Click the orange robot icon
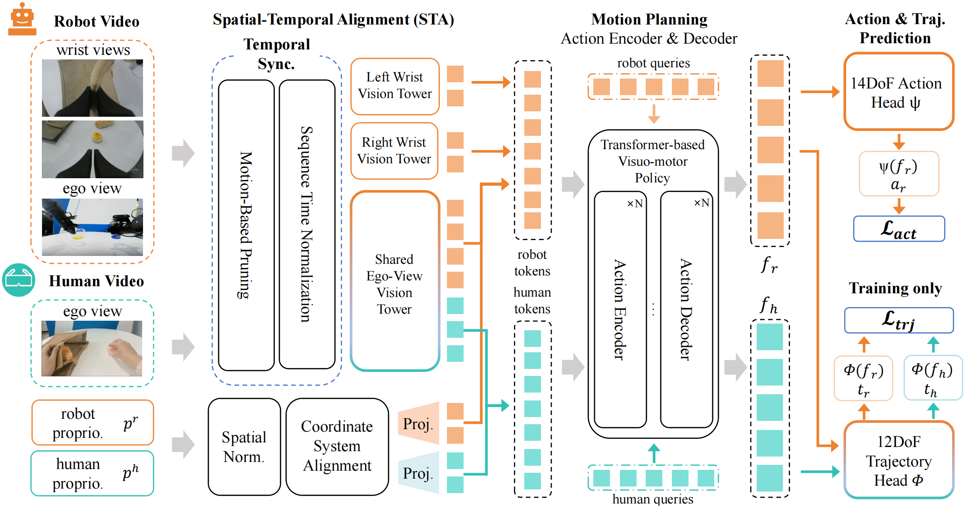pos(22,20)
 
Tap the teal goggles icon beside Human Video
pos(18,280)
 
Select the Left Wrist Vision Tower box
pos(395,86)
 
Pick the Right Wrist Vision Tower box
pos(394,150)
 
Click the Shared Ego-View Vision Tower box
pos(395,281)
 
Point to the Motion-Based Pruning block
pos(246,225)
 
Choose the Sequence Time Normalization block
pos(307,224)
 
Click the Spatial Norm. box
pos(244,447)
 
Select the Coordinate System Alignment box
pos(337,447)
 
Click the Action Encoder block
pos(620,309)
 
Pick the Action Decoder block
pos(686,309)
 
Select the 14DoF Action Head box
pos(898,92)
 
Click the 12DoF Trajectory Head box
pos(898,460)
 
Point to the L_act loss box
pos(898,229)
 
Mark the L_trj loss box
pos(898,320)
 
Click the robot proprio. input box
pos(92,422)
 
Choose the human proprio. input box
pos(92,473)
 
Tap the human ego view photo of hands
pos(92,348)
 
